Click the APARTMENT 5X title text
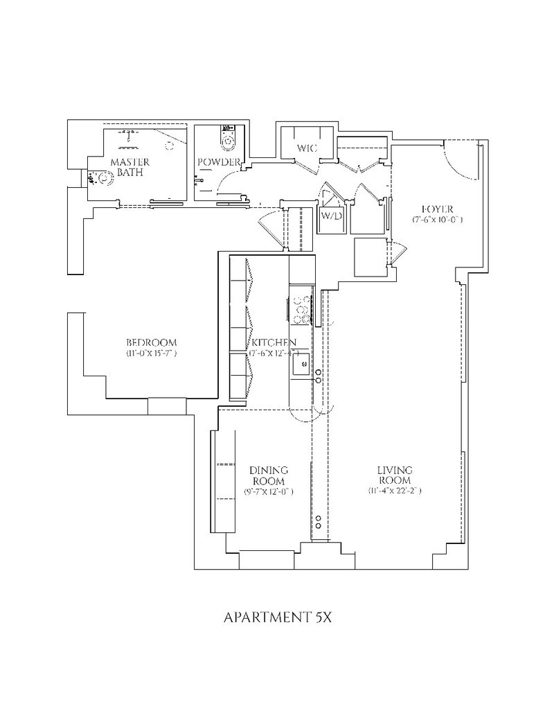click(x=278, y=618)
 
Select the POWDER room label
click(x=219, y=163)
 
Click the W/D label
click(x=331, y=216)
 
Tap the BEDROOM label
click(x=151, y=342)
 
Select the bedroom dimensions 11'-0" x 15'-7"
click(x=152, y=354)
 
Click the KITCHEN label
click(x=274, y=342)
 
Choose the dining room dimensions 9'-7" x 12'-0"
click(x=269, y=492)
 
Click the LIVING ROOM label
click(x=395, y=475)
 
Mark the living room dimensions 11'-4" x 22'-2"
click(x=395, y=491)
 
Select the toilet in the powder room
click(x=227, y=141)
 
